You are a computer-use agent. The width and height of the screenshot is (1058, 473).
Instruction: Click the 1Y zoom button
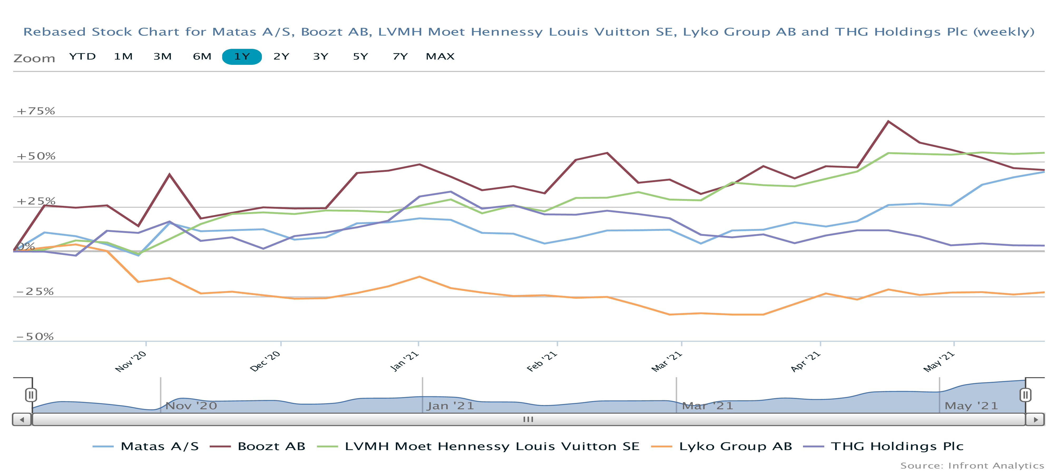coord(242,57)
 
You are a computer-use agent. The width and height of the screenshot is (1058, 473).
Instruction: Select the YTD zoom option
coord(82,57)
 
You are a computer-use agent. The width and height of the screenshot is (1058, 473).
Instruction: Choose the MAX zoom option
coord(440,57)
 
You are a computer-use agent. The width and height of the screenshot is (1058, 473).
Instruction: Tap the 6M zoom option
coord(202,57)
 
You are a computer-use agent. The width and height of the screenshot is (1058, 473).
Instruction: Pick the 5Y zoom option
coord(360,57)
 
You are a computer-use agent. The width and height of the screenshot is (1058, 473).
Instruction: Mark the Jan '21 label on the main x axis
coord(405,361)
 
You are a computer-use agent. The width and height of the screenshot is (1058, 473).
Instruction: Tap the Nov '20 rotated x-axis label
coord(131,362)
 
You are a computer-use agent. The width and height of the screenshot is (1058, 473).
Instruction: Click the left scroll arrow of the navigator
coord(22,420)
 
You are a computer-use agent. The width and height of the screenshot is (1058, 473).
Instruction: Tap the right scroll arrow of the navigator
coord(1035,420)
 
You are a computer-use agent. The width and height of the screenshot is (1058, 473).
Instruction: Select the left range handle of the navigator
coord(31,395)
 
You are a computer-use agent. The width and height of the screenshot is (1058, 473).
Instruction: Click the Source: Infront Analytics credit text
coord(972,466)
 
